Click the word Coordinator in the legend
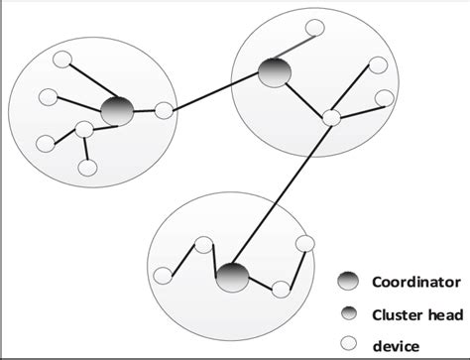coord(415,281)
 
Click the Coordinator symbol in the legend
coord(349,282)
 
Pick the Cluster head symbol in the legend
coord(349,313)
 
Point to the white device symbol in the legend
coord(349,344)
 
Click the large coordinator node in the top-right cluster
coord(274,71)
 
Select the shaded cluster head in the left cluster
coord(117,110)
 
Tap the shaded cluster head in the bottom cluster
coord(231,277)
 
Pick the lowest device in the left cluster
coord(87,168)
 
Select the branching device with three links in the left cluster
coord(83,129)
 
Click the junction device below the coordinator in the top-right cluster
coord(331,118)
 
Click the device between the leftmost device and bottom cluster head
coord(203,244)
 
